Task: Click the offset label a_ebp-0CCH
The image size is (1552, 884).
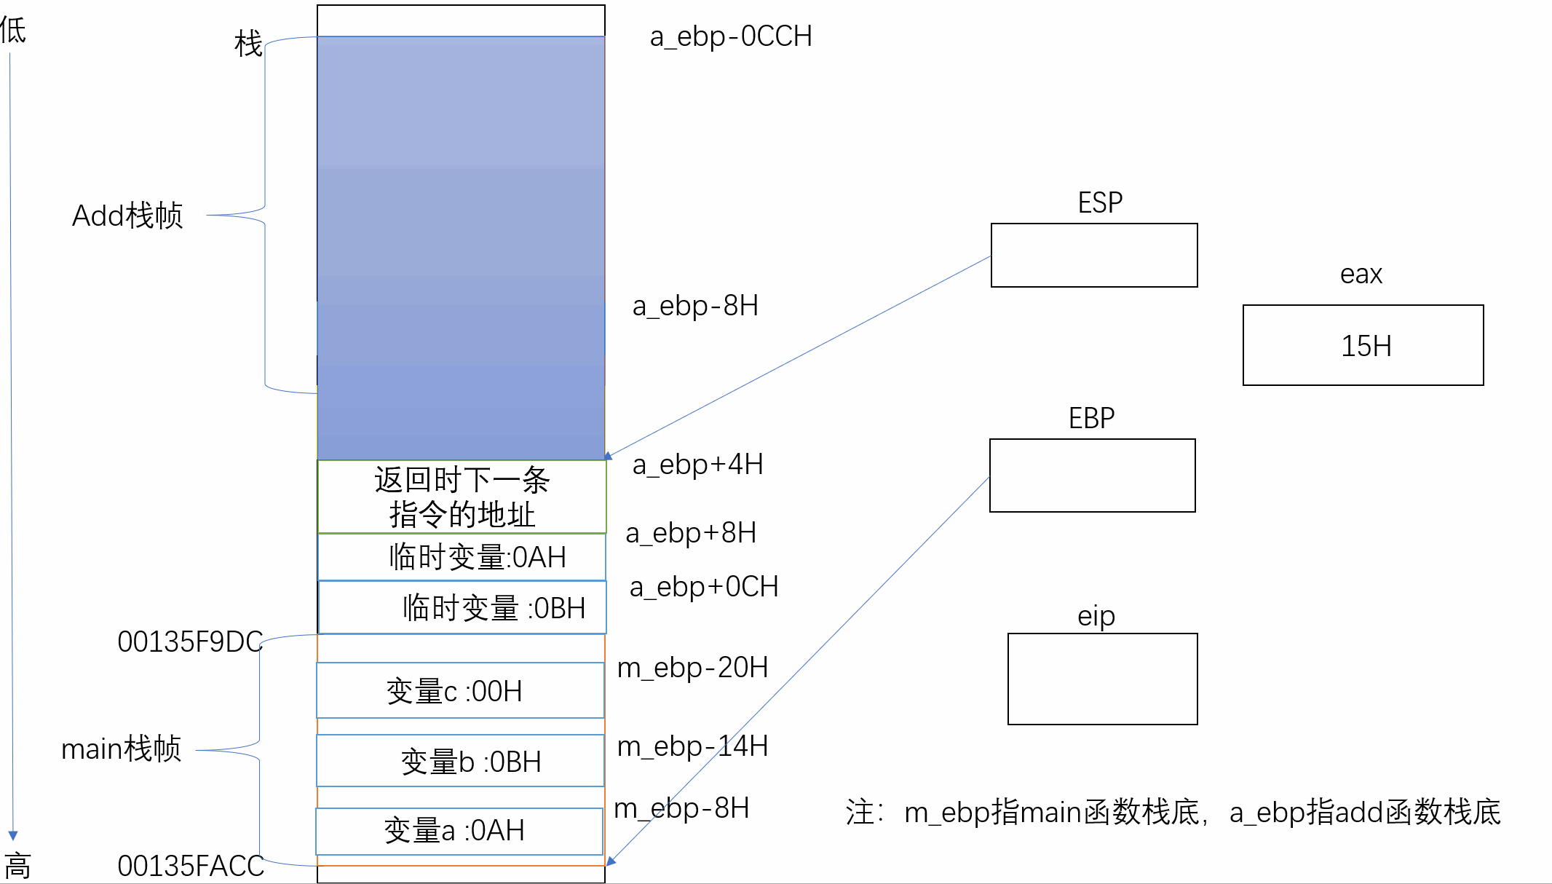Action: [x=730, y=36]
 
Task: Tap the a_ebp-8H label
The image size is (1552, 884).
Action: [x=695, y=306]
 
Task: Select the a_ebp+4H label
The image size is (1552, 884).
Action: [x=697, y=465]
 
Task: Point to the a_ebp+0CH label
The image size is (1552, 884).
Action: [x=704, y=587]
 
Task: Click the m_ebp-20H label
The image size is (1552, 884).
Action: [x=692, y=668]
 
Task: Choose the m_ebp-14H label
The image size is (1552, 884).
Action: [x=692, y=746]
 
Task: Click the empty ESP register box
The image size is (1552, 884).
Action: [x=1093, y=256]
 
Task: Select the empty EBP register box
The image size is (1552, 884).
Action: [x=1092, y=475]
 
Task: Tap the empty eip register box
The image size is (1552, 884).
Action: [x=1102, y=679]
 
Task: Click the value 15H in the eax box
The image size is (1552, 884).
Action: [x=1366, y=347]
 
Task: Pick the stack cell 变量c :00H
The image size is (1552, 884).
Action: [x=460, y=691]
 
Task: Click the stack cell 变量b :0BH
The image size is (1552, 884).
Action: [x=460, y=762]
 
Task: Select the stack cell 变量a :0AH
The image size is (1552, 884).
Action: [x=459, y=831]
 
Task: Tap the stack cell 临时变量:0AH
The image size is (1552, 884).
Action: [x=462, y=558]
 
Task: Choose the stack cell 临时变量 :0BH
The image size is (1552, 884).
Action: [x=463, y=608]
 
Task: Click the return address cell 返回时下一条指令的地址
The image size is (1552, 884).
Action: [x=462, y=497]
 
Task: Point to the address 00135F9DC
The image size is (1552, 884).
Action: [x=189, y=642]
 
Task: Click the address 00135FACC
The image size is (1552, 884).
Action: [x=191, y=867]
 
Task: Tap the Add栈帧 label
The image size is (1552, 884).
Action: [x=127, y=216]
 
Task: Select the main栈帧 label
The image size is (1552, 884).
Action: [x=121, y=749]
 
